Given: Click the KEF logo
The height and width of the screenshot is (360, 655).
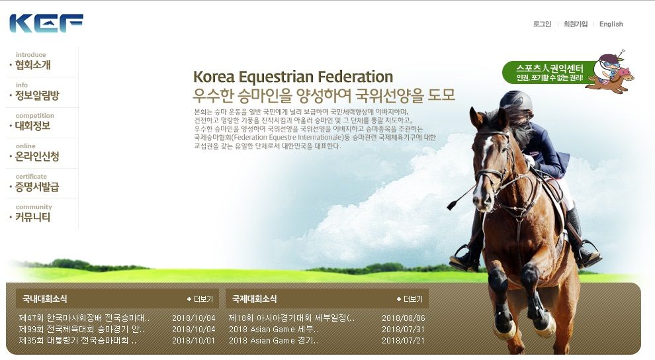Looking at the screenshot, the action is (46, 23).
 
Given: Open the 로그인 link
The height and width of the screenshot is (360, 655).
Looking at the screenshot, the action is (542, 24).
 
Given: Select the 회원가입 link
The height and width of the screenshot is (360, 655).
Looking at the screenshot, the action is (575, 24).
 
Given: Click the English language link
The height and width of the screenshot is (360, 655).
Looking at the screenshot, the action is (611, 24).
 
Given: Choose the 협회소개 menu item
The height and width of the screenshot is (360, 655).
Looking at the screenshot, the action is (32, 65).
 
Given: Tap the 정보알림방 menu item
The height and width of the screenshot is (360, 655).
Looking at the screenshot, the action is (37, 95).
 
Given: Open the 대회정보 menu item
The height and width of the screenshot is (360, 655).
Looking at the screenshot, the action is (32, 126).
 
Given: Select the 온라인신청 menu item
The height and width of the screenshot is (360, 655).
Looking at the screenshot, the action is (37, 156).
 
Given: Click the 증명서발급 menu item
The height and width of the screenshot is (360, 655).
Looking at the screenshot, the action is (37, 187).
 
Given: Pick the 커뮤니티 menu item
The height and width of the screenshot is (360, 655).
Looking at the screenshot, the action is (32, 217).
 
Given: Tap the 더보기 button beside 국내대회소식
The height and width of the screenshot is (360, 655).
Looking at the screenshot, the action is (200, 299).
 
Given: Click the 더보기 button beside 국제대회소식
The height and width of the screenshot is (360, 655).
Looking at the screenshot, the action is (410, 299).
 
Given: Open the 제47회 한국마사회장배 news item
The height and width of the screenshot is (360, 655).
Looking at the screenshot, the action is (84, 318).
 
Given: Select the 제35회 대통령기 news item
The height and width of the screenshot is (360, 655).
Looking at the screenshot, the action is (77, 340).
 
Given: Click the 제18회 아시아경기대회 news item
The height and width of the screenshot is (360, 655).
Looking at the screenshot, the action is (292, 318).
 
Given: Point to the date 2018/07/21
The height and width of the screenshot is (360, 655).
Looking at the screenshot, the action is (403, 340).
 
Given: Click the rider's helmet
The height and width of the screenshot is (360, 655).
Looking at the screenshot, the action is (516, 100).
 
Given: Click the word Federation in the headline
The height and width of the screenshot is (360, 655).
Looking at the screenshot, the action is (355, 77).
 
